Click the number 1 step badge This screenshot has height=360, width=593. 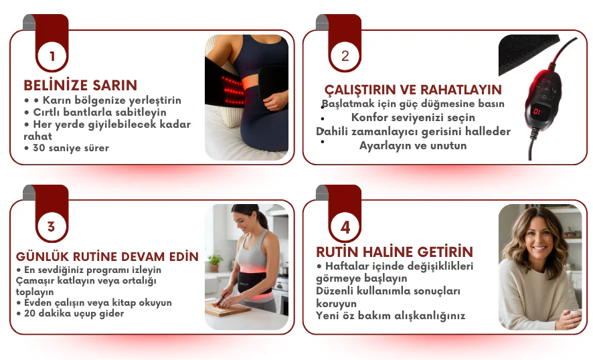pos(52,56)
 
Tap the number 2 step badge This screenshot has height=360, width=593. pos(345,56)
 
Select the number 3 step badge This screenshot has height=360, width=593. pos(52,227)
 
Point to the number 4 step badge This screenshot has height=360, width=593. pos(345,227)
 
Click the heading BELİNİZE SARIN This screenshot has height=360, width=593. pos(80,86)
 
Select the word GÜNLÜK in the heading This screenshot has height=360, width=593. pos(42,256)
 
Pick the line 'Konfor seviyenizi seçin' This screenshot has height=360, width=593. pos(413,118)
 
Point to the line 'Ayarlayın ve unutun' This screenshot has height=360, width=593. pos(413,146)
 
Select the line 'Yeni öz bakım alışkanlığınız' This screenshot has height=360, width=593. pos(391,316)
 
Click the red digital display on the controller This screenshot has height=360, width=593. pos(537,111)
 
